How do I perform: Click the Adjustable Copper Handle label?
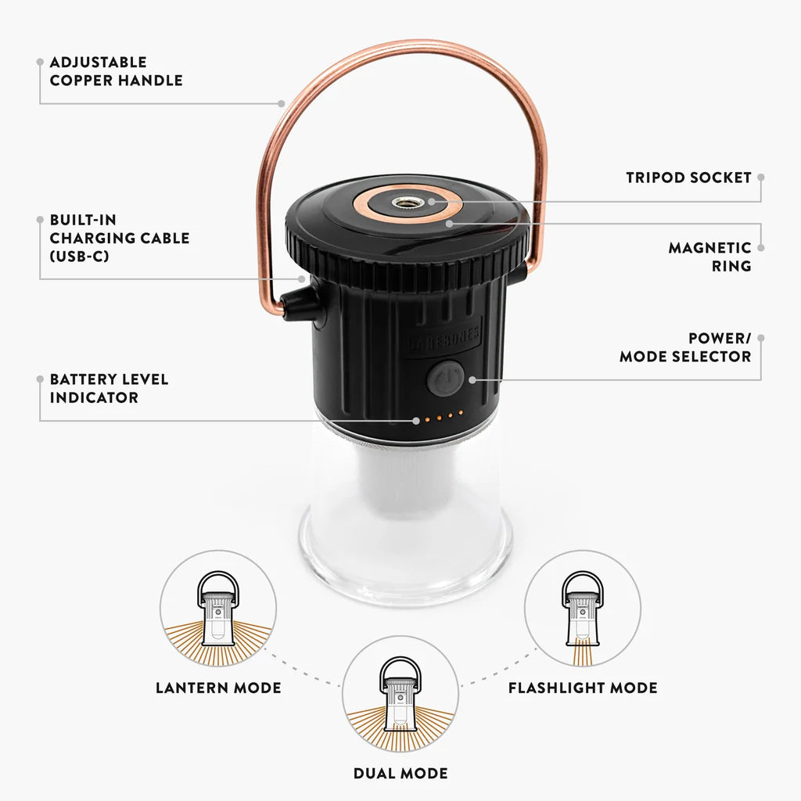(116, 71)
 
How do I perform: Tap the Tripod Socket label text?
(688, 178)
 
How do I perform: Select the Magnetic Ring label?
(709, 257)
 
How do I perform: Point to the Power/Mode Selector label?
(685, 347)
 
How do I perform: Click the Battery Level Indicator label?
(109, 388)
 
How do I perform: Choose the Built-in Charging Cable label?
(119, 238)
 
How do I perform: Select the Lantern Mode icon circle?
(218, 609)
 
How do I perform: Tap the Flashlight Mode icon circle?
(582, 609)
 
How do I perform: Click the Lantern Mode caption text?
(218, 688)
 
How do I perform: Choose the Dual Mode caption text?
(400, 774)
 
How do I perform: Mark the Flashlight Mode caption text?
(583, 688)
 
